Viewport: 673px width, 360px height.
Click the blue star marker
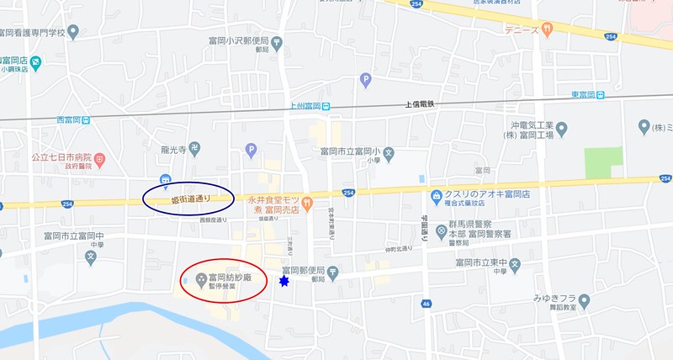click(284, 282)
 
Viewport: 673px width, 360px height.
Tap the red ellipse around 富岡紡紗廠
click(222, 279)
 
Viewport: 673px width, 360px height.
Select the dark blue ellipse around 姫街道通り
click(187, 198)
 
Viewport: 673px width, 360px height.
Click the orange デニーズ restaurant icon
click(547, 29)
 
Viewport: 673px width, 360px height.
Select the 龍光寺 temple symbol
click(194, 147)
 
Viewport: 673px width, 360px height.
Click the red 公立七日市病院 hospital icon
click(99, 157)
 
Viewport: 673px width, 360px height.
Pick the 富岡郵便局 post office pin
click(333, 271)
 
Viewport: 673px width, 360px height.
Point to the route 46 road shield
click(427, 303)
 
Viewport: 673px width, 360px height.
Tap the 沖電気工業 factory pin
click(561, 128)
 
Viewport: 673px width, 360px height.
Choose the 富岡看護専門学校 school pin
click(73, 32)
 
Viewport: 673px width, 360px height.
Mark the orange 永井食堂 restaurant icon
click(308, 202)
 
